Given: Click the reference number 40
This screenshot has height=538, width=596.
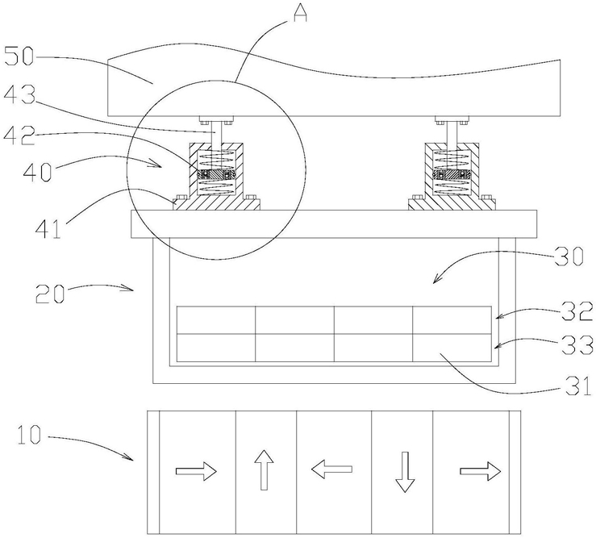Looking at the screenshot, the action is coord(37,171).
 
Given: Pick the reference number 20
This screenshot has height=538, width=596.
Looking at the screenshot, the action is coord(49,293).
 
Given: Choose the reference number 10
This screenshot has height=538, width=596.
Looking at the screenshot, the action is coord(29,434).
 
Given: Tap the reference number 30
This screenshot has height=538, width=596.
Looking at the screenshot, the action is coord(568,256).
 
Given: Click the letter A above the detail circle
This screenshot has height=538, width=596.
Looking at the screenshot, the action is coord(300,12).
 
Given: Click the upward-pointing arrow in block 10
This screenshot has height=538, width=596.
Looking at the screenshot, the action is coord(265,469).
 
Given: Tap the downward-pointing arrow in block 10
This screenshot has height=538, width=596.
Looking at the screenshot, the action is coord(405,472).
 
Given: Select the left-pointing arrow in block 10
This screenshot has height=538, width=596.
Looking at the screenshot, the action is coord(331,469).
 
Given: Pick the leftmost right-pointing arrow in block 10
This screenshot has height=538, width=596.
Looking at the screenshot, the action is coord(196,472).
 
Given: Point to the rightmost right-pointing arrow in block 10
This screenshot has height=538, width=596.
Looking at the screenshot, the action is coord(481,472).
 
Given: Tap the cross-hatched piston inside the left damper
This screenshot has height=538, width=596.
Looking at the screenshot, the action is coord(215,174).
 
